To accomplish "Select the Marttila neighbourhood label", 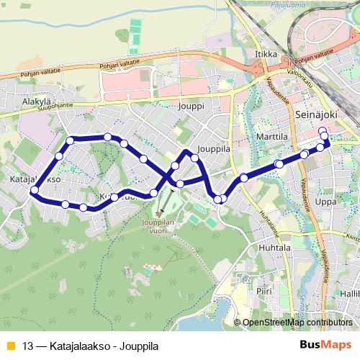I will (272, 135).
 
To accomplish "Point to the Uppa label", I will (325, 202).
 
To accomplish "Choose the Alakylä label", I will (36, 102).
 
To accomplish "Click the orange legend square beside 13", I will (9, 346).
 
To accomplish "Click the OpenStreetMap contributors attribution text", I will (297, 323).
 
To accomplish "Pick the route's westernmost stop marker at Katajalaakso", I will (33, 191).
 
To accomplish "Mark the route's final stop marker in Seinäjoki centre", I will (322, 130).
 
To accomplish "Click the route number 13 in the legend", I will (28, 346).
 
